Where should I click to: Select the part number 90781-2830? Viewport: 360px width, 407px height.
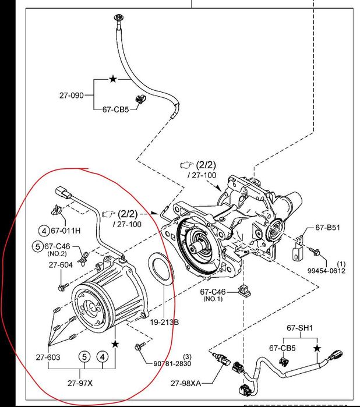pos(172,364)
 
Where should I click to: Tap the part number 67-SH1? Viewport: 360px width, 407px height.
pos(300,328)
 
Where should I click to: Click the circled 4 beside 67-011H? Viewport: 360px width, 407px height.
pos(44,231)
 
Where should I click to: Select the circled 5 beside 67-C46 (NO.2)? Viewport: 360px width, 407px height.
pos(37,246)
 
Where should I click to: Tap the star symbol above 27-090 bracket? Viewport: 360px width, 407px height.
pos(113,77)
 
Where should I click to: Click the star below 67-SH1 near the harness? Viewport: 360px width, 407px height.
pos(317,348)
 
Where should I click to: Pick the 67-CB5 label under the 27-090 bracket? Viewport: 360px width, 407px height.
pos(116,109)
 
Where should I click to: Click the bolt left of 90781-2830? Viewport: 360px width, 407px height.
pos(138,347)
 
